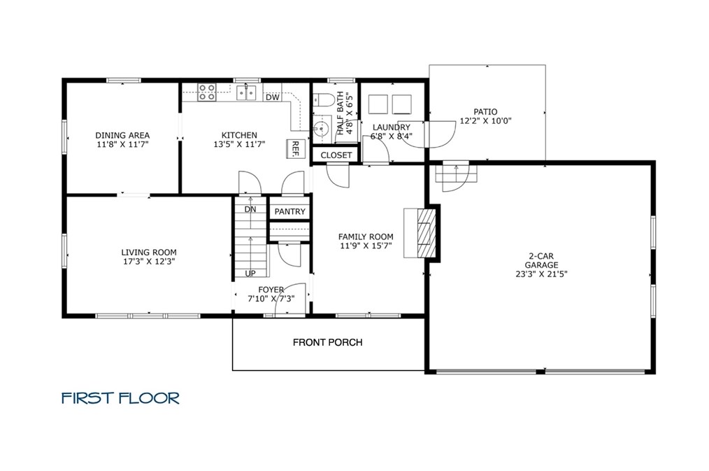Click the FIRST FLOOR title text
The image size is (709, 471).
point(121,398)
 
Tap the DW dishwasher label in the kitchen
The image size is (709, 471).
point(272,97)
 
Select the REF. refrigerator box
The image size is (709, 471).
point(294,148)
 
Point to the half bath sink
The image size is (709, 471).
point(322,129)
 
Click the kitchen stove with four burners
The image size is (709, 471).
point(207,92)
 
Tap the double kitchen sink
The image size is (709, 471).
point(247,92)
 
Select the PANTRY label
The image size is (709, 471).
point(290,212)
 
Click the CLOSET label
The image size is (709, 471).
point(336,155)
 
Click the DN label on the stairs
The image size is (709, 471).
point(250,209)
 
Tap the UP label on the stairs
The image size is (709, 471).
point(250,273)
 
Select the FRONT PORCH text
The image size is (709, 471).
point(328,342)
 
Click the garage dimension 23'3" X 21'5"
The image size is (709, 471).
point(541,274)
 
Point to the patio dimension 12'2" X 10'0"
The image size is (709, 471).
point(486,121)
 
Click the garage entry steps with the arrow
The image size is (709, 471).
point(457,171)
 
